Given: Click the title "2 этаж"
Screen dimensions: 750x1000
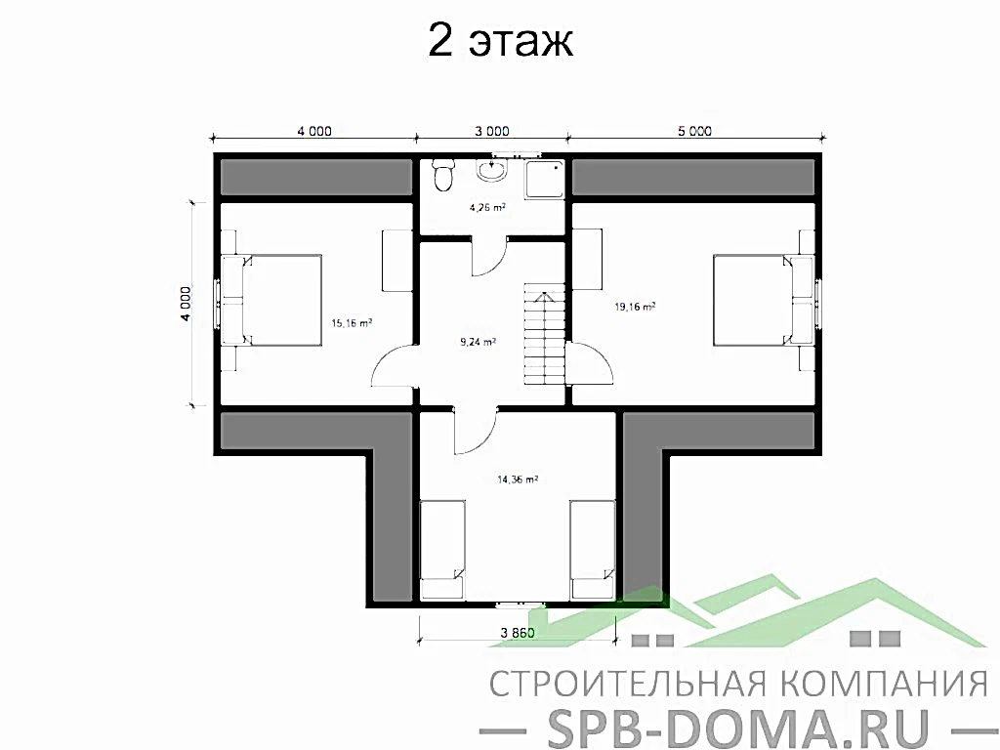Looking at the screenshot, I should tap(499, 42).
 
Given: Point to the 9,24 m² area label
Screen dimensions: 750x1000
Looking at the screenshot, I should tap(479, 342).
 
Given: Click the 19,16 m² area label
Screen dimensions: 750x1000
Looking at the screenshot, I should tap(634, 306).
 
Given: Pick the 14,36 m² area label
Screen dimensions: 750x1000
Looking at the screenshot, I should tap(519, 479).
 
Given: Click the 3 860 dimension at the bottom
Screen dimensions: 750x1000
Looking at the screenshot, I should tap(518, 632).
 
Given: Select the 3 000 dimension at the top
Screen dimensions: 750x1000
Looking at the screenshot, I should tap(491, 131).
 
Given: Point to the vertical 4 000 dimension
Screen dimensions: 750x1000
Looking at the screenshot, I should tap(186, 303).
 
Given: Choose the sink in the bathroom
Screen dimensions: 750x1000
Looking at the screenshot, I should tap(491, 173).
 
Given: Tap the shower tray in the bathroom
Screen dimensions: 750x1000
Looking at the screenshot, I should tap(545, 179).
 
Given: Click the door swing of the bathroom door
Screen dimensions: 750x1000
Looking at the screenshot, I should tap(488, 259).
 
